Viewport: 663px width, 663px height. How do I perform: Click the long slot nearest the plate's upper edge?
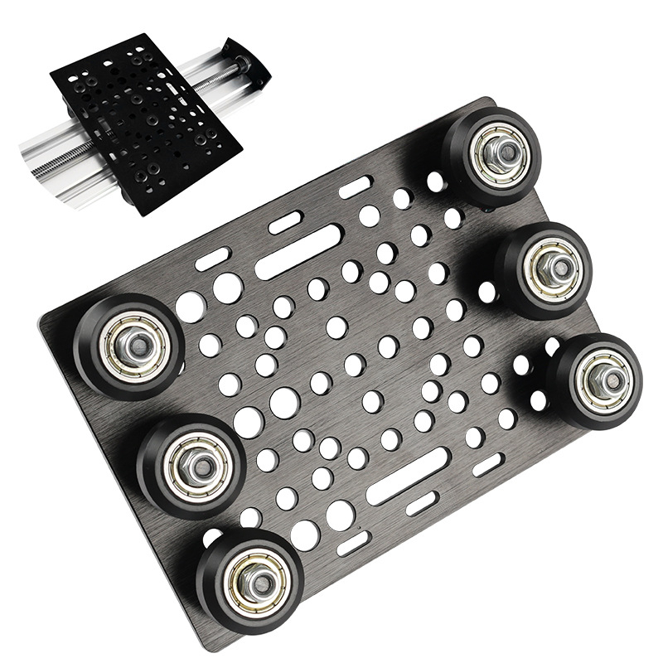click(298, 252)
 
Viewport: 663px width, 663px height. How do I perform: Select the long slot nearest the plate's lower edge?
click(408, 477)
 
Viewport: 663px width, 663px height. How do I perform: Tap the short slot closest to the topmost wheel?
click(355, 187)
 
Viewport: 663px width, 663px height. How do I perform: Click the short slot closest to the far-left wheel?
click(213, 259)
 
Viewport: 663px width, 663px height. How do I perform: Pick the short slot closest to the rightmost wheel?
click(487, 465)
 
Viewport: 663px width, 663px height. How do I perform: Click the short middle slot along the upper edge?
click(286, 222)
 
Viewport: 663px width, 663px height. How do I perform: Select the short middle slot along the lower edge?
click(422, 503)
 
